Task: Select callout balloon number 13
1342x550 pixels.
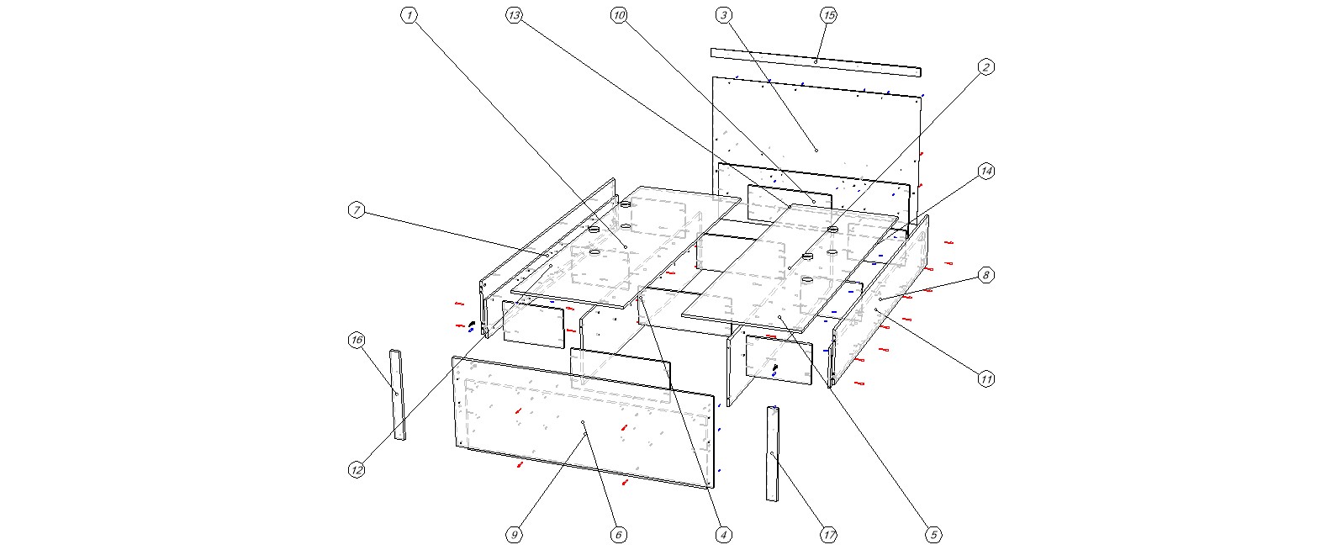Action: tap(515, 15)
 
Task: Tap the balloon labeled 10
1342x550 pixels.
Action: tap(620, 15)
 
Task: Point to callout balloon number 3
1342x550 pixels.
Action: tap(725, 15)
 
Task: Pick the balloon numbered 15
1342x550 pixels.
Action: tap(829, 15)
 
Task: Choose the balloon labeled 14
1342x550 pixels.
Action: tap(986, 172)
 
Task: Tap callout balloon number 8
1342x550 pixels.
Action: tap(986, 275)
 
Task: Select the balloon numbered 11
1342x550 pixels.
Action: tap(986, 379)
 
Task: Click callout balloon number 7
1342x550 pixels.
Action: tap(357, 210)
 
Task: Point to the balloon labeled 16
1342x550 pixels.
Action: tap(357, 340)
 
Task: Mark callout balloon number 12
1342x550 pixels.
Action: tap(357, 470)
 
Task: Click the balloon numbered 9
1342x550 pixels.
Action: tap(515, 535)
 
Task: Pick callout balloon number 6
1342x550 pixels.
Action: tap(618, 535)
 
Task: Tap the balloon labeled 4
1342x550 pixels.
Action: tap(723, 535)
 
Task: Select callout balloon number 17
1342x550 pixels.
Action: tap(829, 535)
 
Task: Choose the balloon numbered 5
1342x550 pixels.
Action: tap(933, 535)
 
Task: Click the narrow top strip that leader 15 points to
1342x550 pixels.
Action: tap(816, 62)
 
